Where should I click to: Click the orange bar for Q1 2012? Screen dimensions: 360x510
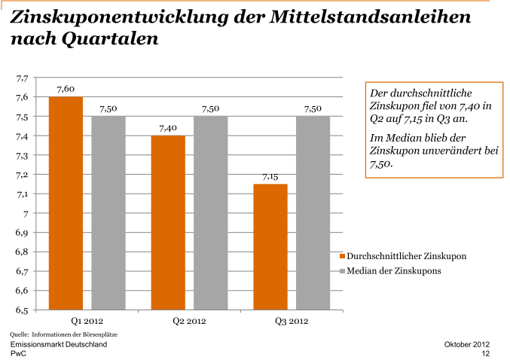pos(66,203)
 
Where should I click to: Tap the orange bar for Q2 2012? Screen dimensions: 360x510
pos(168,222)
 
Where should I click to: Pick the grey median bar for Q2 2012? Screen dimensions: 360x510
pos(211,212)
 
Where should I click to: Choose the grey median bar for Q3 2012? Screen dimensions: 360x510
pos(313,212)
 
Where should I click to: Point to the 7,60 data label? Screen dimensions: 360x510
pos(66,90)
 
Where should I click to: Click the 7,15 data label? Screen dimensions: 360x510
pos(270,177)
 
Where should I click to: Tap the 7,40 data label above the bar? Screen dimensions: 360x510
pos(168,128)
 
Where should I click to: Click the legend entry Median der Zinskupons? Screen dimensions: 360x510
pos(393,270)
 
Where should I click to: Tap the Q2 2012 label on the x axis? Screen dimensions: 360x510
pos(189,322)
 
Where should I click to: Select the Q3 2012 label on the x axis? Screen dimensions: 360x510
pos(292,322)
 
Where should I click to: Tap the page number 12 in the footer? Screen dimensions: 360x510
pos(486,352)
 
